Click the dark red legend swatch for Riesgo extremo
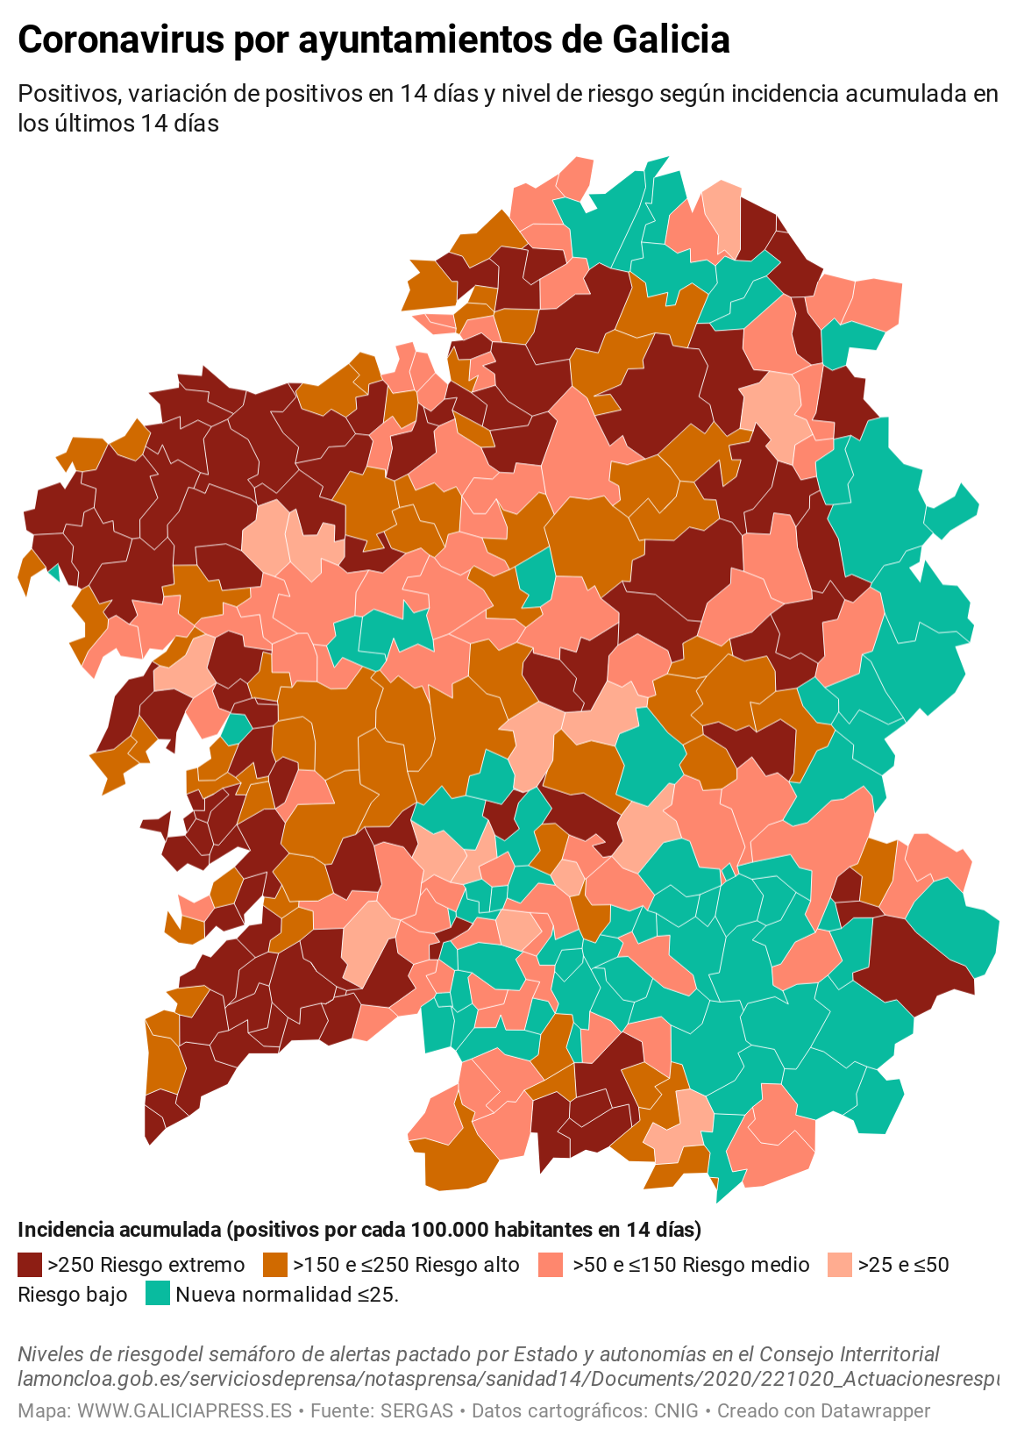point(30,1264)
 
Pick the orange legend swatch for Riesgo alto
point(275,1264)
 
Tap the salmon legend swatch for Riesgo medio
point(551,1264)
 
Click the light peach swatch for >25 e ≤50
point(840,1264)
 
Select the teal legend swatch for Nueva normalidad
point(158,1294)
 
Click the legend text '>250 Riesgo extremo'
point(146,1264)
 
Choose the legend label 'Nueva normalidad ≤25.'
point(288,1294)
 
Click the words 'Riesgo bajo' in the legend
point(73,1294)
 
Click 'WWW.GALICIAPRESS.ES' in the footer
point(184,1410)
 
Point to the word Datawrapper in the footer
point(877,1410)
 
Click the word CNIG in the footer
point(676,1410)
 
